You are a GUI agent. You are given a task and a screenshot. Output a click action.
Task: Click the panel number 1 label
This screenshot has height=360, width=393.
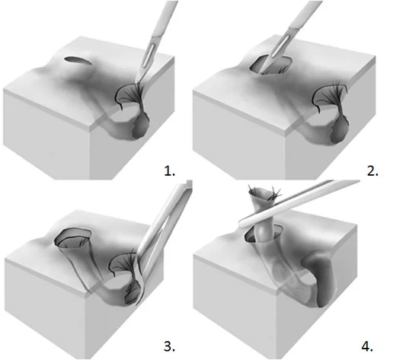point(169,170)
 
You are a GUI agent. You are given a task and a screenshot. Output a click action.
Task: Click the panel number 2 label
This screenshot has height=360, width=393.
point(372,170)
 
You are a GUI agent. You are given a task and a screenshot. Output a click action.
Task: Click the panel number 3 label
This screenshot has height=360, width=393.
point(169,346)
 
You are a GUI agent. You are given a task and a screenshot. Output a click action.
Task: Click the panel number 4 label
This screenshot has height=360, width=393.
point(367,346)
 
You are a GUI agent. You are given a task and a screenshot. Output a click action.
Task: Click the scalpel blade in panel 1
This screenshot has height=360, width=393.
point(144,63)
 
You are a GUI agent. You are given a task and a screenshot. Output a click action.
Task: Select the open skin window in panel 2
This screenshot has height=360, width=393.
point(270,65)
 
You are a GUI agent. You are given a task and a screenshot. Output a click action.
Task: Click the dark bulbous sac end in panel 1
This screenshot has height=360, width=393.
point(141,127)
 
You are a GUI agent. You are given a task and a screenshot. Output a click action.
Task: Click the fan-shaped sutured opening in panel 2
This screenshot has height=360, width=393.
point(330,97)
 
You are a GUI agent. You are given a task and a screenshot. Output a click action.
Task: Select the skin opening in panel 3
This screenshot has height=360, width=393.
point(74,237)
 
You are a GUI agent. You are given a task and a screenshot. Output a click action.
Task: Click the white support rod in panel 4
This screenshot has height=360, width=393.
point(299,203)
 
